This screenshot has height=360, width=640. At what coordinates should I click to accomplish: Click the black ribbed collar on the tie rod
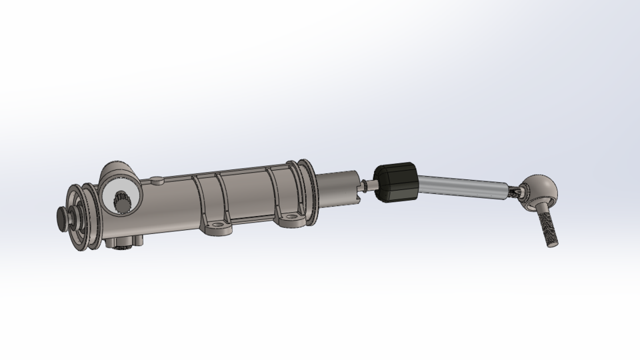(x=396, y=182)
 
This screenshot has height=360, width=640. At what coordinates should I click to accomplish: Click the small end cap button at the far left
(x=64, y=217)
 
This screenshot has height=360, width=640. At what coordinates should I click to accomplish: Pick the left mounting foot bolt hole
(x=217, y=227)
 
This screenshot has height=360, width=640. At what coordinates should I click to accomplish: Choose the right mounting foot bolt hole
(x=291, y=217)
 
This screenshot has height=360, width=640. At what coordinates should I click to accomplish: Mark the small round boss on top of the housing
(x=157, y=179)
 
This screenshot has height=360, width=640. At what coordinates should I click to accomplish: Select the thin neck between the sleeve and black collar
(x=365, y=187)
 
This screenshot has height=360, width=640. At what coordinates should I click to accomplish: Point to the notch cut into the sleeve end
(x=358, y=180)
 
